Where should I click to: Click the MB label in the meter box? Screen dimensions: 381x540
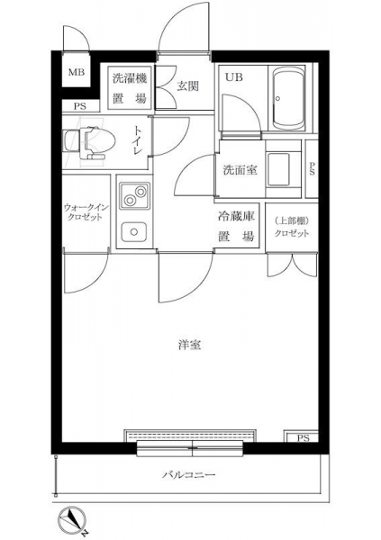click(77, 72)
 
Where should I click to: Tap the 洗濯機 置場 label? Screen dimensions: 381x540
click(130, 88)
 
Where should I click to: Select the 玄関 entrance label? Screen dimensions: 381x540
click(188, 86)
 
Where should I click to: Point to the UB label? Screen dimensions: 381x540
click(234, 77)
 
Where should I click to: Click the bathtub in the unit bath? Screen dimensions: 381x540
click(289, 98)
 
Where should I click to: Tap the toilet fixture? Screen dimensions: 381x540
click(89, 143)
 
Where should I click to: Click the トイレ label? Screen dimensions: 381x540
click(138, 141)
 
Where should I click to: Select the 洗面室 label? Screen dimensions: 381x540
click(240, 170)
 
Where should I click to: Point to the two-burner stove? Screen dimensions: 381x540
click(135, 195)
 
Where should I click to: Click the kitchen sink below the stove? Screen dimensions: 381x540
click(134, 232)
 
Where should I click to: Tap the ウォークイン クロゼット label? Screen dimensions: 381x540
click(86, 212)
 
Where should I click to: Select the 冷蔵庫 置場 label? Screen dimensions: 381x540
click(236, 227)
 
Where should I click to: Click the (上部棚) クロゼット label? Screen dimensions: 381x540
click(292, 227)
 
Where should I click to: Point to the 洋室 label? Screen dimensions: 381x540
click(190, 345)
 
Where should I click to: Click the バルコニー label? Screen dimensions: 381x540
click(189, 475)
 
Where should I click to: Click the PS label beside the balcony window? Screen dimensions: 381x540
click(303, 438)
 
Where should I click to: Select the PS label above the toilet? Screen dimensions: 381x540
click(79, 106)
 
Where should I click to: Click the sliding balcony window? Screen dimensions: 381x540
click(190, 448)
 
